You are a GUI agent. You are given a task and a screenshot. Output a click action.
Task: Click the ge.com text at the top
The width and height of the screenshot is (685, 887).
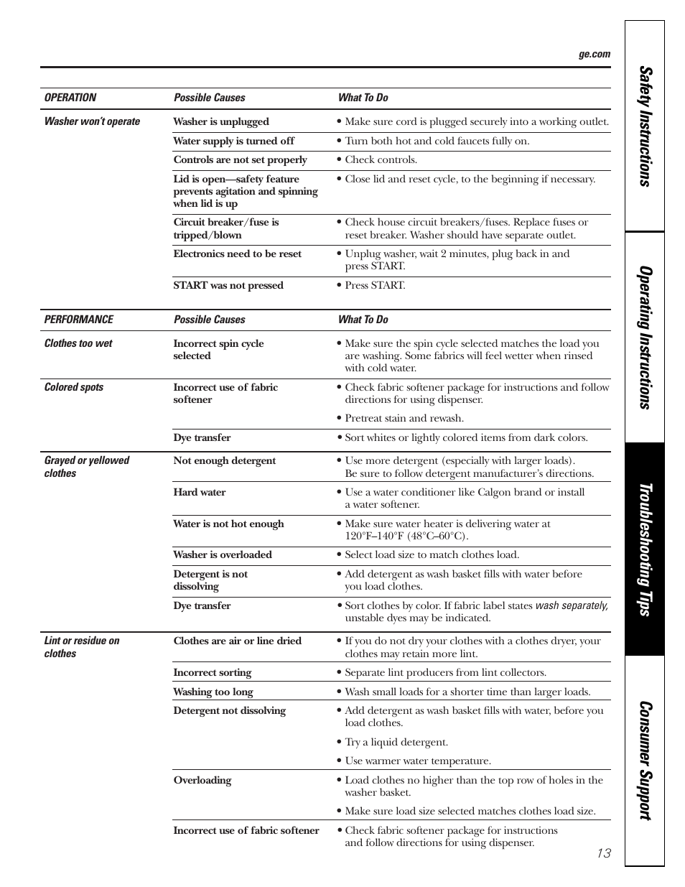[x=595, y=55]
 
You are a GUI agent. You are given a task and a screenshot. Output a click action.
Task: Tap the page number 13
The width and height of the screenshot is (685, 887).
[x=603, y=853]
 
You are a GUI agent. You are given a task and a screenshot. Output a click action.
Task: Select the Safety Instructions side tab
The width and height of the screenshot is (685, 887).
[x=646, y=127]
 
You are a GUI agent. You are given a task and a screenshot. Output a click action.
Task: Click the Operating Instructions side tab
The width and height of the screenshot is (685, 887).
[x=646, y=338]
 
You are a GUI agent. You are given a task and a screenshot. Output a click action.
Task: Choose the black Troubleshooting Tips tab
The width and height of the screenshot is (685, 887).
[x=646, y=549]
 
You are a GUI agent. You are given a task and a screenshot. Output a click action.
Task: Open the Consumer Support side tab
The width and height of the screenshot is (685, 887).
[x=646, y=761]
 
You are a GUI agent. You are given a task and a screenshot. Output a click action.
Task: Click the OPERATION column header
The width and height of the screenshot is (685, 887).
[x=70, y=98]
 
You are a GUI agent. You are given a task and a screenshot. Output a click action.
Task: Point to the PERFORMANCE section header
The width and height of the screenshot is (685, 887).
[x=79, y=320]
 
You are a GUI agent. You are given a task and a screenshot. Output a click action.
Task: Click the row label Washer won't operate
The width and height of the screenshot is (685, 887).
[x=92, y=121]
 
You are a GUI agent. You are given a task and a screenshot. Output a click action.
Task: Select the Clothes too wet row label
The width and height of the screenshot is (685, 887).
[x=78, y=343]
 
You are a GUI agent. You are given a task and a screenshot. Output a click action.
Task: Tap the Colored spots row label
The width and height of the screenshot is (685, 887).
[x=74, y=387]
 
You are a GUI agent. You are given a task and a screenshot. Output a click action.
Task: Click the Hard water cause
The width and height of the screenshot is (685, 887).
[x=200, y=493]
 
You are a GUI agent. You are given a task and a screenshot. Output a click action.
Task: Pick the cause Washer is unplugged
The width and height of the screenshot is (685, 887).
[x=221, y=122]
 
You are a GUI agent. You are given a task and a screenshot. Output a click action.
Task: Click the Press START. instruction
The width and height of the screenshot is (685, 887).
[x=374, y=286]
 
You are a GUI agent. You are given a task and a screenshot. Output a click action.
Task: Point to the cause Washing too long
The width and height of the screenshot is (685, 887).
[x=213, y=692]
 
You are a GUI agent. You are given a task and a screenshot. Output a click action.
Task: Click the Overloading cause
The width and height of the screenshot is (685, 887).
[x=202, y=781]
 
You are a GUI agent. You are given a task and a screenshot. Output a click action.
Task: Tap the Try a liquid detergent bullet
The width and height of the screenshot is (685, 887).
[x=396, y=743]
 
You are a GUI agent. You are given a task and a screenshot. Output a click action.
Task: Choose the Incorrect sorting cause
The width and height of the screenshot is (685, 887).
[x=213, y=673]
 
